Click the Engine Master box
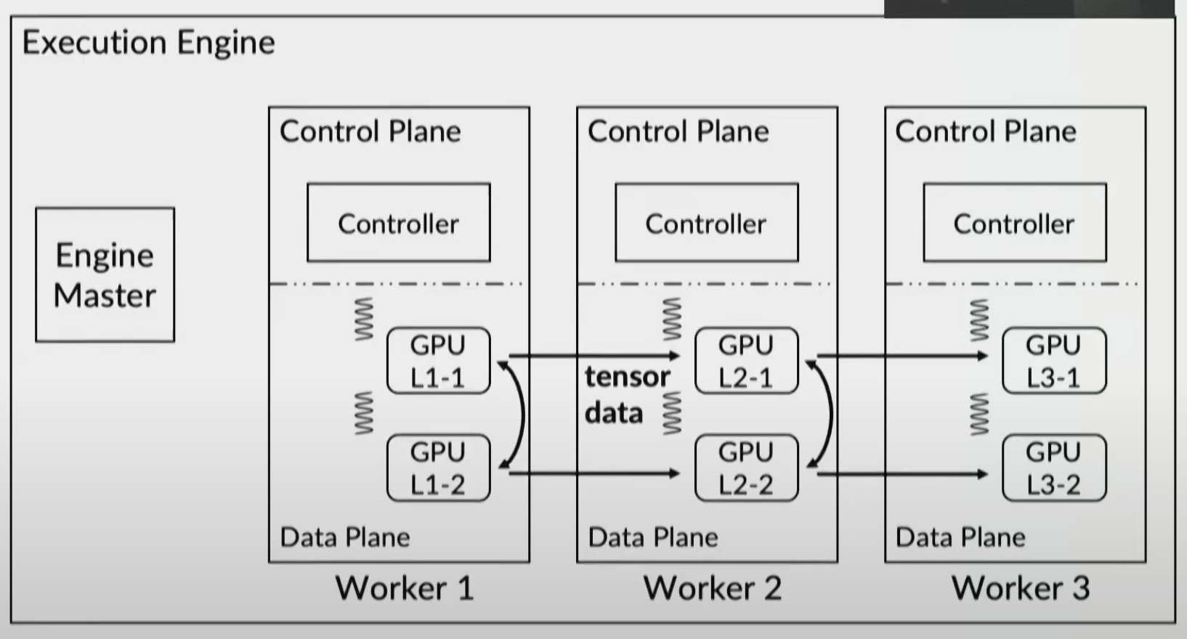click(105, 274)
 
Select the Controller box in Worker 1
click(398, 223)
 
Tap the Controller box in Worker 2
click(706, 223)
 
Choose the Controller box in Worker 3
click(1014, 223)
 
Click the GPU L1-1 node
click(438, 361)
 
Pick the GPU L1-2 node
click(438, 468)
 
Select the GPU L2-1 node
click(746, 361)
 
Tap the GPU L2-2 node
click(746, 468)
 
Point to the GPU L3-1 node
click(1053, 361)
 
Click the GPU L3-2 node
click(1053, 468)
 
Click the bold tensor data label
click(626, 394)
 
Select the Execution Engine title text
click(149, 42)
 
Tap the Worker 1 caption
click(405, 587)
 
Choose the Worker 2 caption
click(713, 587)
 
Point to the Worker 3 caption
click(1021, 587)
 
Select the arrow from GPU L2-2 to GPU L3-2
click(901, 474)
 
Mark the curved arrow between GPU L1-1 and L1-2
click(522, 415)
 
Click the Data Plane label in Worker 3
click(960, 537)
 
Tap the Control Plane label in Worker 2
click(678, 131)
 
